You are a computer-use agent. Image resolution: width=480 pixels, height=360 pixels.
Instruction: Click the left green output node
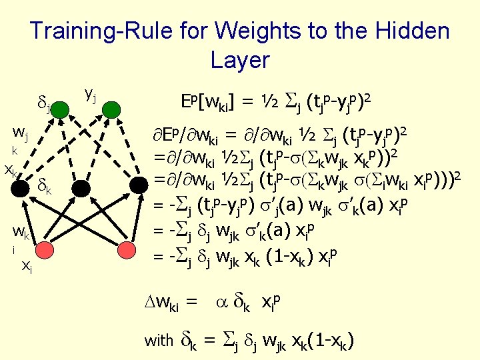pos(61,111)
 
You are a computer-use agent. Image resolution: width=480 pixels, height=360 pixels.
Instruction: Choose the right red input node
pos(126,249)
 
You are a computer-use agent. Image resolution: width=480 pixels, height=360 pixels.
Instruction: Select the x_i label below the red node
pos(27,265)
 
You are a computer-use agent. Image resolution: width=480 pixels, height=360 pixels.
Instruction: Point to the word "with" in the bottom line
pos(159,341)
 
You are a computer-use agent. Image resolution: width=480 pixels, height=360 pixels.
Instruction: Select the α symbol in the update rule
pos(223,303)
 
